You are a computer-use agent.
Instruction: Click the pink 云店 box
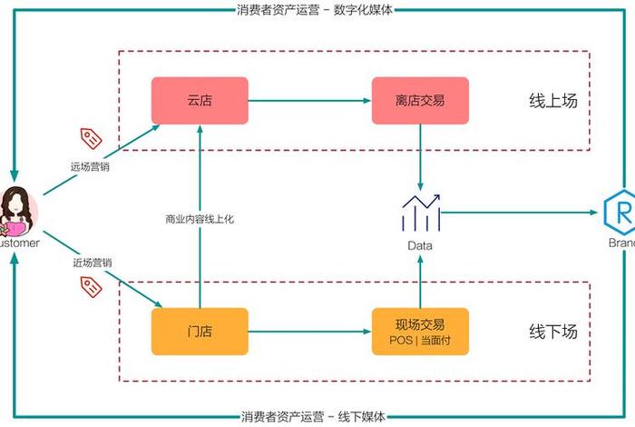click(x=199, y=101)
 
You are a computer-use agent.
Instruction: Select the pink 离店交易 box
click(x=420, y=101)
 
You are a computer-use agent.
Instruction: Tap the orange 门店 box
click(x=199, y=332)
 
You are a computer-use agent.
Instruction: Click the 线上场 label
click(x=552, y=100)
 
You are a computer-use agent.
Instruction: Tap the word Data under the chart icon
click(x=420, y=245)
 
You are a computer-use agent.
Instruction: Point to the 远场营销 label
click(x=92, y=166)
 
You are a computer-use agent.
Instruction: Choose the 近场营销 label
click(x=92, y=263)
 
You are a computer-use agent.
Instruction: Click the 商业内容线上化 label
click(x=199, y=218)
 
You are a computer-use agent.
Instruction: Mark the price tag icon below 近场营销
click(x=92, y=286)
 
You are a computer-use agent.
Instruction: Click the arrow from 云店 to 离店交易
click(x=308, y=101)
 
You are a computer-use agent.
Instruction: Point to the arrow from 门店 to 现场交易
click(x=308, y=332)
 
